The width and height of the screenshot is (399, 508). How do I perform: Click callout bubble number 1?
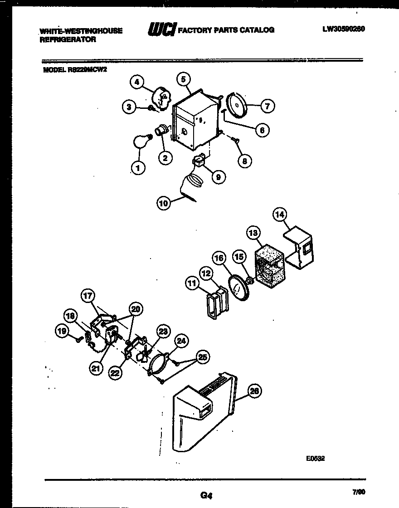pyautogui.click(x=138, y=168)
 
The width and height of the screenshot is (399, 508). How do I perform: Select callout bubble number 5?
pyautogui.click(x=183, y=79)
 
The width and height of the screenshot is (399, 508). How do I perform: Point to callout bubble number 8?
pyautogui.click(x=246, y=160)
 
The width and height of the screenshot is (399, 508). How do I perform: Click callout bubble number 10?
pyautogui.click(x=164, y=204)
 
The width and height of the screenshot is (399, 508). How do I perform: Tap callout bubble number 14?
pyautogui.click(x=280, y=215)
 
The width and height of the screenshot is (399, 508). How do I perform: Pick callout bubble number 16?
pyautogui.click(x=219, y=258)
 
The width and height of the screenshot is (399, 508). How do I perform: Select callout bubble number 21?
pyautogui.click(x=95, y=368)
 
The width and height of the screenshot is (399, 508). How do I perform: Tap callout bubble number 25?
pyautogui.click(x=203, y=357)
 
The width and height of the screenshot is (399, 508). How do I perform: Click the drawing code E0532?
pyautogui.click(x=316, y=459)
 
